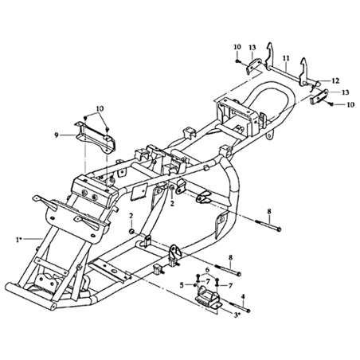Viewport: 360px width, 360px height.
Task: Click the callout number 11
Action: coord(285,57)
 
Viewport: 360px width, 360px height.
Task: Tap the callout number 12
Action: coord(335,80)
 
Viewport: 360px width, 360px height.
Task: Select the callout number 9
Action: coord(56,135)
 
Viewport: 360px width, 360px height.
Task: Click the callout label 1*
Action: coord(19,240)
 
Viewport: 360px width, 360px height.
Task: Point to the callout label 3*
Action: coord(237,315)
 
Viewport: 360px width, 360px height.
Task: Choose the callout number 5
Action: coord(182,285)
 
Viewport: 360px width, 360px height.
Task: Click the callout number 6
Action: coord(207,269)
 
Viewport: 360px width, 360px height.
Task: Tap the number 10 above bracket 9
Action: coord(100,108)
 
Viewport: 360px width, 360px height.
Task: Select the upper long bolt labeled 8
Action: coord(268,225)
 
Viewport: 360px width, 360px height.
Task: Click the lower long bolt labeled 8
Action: coord(228,269)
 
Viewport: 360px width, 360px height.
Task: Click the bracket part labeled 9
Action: coord(96,137)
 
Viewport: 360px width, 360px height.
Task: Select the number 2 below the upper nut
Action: coord(172,203)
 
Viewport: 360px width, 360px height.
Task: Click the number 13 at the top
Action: coord(252,48)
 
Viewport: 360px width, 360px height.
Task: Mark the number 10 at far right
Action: coord(350,105)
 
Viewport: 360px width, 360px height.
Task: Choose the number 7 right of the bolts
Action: coord(230,286)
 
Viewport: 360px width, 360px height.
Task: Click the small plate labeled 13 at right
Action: coord(319,97)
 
